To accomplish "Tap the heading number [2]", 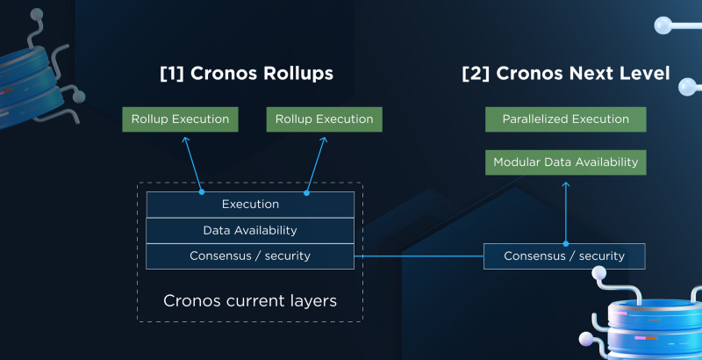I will [476, 74].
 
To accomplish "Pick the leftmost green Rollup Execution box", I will [180, 119].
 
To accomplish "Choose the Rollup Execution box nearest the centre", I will [324, 119].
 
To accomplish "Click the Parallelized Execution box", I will [565, 119].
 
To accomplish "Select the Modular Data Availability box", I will [565, 162].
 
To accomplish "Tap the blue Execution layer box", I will [250, 205].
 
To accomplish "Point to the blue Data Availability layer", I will [250, 230].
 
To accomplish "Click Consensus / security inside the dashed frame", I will [250, 256].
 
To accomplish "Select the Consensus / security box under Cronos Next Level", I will [564, 256].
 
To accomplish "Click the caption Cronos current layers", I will [250, 301].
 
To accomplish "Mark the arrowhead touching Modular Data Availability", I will [565, 178].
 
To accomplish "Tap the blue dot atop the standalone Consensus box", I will [565, 244].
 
